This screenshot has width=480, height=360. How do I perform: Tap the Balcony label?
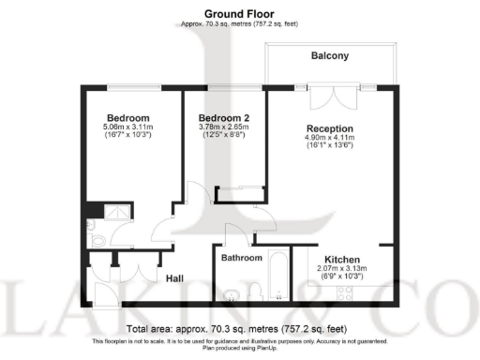pos(329,56)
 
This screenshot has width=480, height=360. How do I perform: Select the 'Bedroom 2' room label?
pos(224,117)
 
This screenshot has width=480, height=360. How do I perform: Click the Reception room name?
pos(329,128)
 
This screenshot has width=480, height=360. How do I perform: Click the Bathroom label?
pos(241,258)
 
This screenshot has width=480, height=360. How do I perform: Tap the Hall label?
pos(174,278)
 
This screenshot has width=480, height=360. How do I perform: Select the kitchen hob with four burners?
pos(343,292)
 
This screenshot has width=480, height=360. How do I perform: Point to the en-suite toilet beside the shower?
pos(96,240)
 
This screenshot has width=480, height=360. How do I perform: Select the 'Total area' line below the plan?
pos(240,330)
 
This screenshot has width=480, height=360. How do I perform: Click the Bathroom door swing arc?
pos(235,235)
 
